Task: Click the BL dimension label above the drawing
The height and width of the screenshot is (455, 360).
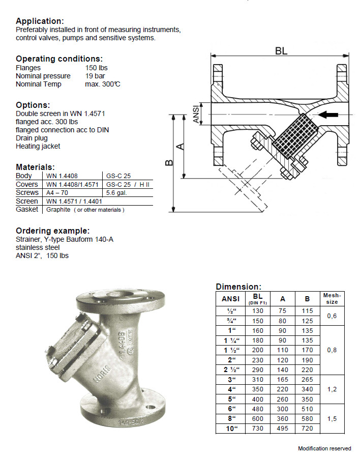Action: pos(281,51)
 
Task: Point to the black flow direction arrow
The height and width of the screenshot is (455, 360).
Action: pos(328,115)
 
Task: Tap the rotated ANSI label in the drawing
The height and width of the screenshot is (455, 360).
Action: pos(196,114)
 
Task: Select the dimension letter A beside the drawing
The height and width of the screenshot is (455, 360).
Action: pos(181,146)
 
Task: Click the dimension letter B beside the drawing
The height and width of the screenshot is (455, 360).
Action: pos(169,163)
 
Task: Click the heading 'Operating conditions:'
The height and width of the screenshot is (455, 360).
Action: pos(59,59)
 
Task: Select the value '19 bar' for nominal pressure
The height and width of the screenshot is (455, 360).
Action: pos(95,76)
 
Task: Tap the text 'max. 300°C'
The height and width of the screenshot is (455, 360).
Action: pos(103,84)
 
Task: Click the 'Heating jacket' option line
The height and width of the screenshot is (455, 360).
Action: pos(38,146)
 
